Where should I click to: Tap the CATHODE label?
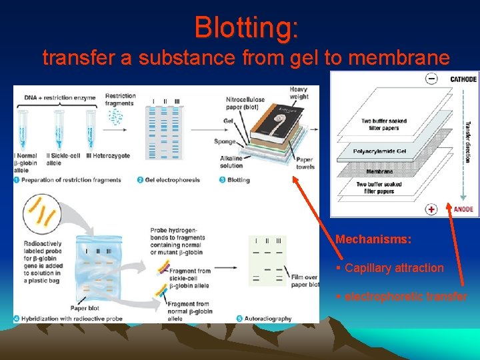[x=463, y=79]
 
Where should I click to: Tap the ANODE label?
[x=463, y=209]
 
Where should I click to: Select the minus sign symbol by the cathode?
[x=432, y=79]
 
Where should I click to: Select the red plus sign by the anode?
[x=432, y=209]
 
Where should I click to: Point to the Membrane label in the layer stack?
[x=379, y=171]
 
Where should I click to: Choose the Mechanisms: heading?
[x=373, y=239]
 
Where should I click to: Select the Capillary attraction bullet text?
[x=393, y=268]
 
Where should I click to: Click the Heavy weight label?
[x=299, y=93]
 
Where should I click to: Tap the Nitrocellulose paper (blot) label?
[x=245, y=103]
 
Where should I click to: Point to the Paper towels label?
[x=304, y=163]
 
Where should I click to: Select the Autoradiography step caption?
[x=267, y=319]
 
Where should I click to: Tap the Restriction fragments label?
[x=120, y=99]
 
